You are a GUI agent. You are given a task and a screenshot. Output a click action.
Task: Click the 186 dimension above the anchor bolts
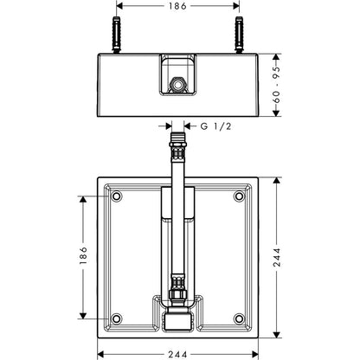[x=177, y=6]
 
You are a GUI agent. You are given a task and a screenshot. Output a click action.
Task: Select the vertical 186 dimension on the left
[x=83, y=255]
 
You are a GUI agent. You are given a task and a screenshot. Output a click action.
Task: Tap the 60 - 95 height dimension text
[x=276, y=85]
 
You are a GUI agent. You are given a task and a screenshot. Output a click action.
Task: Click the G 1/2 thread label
[x=215, y=126]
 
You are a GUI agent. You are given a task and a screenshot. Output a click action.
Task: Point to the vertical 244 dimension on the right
[x=276, y=257]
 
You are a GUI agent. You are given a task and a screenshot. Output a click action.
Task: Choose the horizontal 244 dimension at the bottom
[x=177, y=354]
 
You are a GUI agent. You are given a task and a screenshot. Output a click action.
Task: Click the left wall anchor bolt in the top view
[x=116, y=35]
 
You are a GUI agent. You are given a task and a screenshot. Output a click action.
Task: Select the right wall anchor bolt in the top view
[x=239, y=35]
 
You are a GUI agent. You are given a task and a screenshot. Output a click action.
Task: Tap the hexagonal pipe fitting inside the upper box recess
[x=177, y=84]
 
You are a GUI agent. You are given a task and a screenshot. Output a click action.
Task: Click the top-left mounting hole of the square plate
[x=116, y=196]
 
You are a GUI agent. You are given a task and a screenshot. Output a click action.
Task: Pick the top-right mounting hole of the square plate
[x=239, y=196]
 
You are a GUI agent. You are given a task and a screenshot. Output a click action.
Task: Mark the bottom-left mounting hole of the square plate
[x=116, y=318]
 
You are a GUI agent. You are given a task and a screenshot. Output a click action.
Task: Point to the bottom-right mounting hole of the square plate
[x=239, y=318]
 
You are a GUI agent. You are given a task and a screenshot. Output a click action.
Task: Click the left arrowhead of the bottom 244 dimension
[x=100, y=354]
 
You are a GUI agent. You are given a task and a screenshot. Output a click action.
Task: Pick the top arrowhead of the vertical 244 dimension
[x=276, y=181]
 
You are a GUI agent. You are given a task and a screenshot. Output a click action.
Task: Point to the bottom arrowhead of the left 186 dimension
[x=83, y=315]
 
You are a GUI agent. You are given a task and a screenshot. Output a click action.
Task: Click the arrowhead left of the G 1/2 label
[x=169, y=126]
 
